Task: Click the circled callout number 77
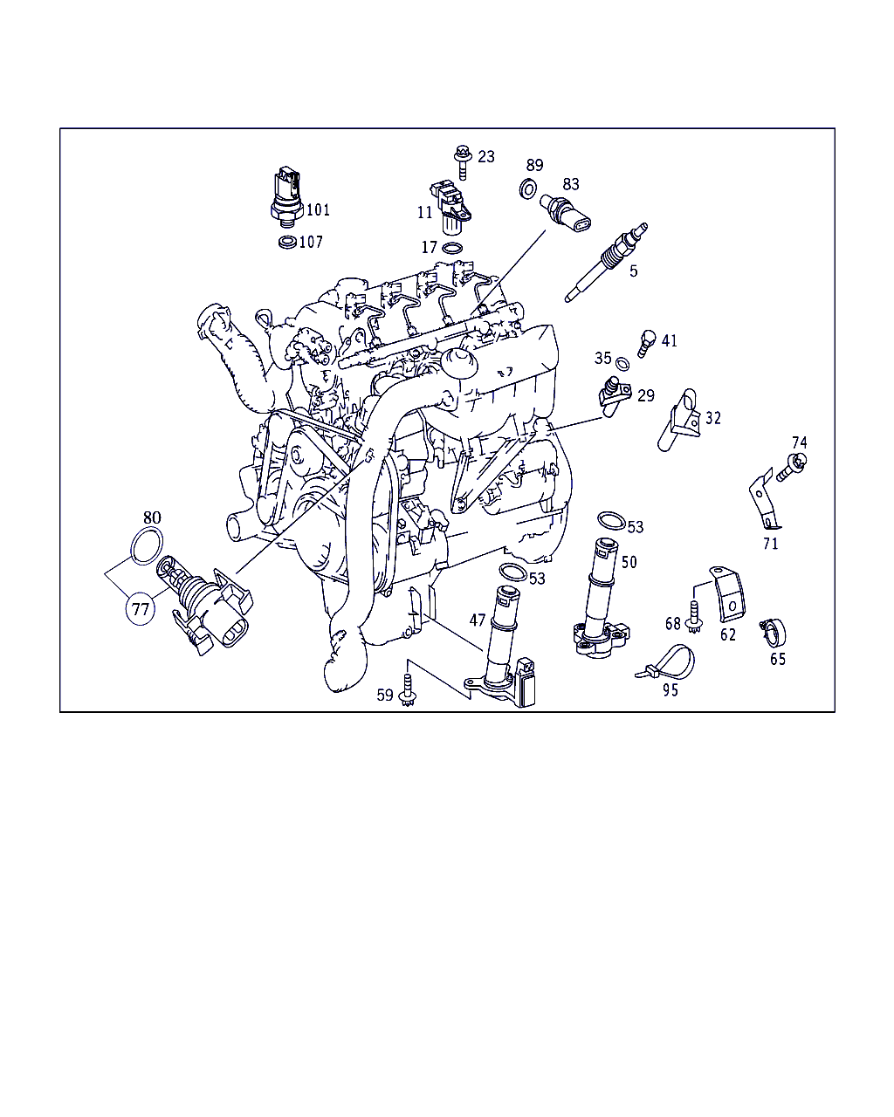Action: pos(141,608)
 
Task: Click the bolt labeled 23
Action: pos(462,161)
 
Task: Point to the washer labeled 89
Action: pos(528,189)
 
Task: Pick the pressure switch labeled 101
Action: pos(287,196)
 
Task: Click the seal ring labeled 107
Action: pos(287,242)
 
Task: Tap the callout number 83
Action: pos(570,184)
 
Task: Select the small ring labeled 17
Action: pos(452,249)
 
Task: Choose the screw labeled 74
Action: pos(792,467)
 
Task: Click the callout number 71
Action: pos(770,544)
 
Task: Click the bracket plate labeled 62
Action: pos(728,593)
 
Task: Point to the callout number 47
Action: pos(478,620)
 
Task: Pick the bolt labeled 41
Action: pos(646,343)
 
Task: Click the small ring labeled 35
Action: pos(622,364)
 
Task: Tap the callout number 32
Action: pos(712,418)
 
